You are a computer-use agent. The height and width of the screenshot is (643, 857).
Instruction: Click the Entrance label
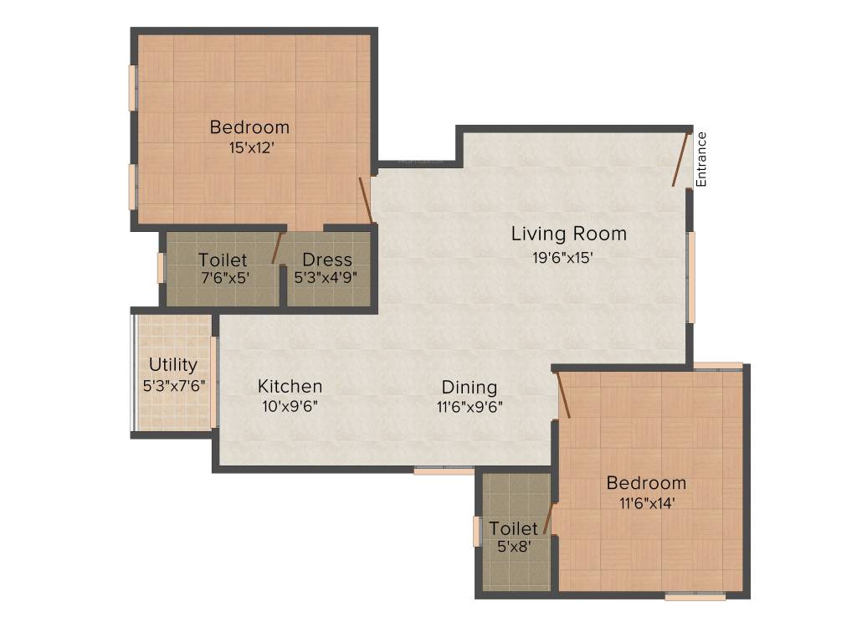701,159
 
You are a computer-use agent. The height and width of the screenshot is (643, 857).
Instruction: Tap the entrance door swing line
680,158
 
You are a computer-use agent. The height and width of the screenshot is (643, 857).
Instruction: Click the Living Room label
569,234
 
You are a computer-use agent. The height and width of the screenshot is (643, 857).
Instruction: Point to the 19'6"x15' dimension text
563,258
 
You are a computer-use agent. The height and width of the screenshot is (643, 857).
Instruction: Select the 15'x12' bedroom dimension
251,147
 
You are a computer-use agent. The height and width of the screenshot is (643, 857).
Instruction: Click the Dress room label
327,260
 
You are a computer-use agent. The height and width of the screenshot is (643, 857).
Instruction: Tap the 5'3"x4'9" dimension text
326,278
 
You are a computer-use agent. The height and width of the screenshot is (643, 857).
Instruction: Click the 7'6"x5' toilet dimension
226,278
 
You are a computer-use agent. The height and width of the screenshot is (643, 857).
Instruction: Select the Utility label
173,365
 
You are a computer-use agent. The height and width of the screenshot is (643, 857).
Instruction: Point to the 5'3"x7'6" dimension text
174,386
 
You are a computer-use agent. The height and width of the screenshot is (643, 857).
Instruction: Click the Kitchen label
290,386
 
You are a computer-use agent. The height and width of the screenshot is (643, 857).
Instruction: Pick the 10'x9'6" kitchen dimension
290,407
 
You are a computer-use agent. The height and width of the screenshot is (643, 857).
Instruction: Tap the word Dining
470,388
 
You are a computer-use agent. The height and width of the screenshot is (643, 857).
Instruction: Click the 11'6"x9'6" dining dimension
470,408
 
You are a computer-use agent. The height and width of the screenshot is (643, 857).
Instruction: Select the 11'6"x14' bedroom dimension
647,503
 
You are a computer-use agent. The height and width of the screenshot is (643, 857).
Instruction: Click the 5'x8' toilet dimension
515,546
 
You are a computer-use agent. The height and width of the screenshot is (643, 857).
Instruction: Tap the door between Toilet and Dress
278,248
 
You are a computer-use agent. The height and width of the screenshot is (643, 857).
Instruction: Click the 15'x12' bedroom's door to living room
366,200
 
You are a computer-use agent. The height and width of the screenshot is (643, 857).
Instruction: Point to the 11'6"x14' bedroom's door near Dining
563,395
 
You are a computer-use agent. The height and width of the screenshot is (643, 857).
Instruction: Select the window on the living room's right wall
691,276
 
